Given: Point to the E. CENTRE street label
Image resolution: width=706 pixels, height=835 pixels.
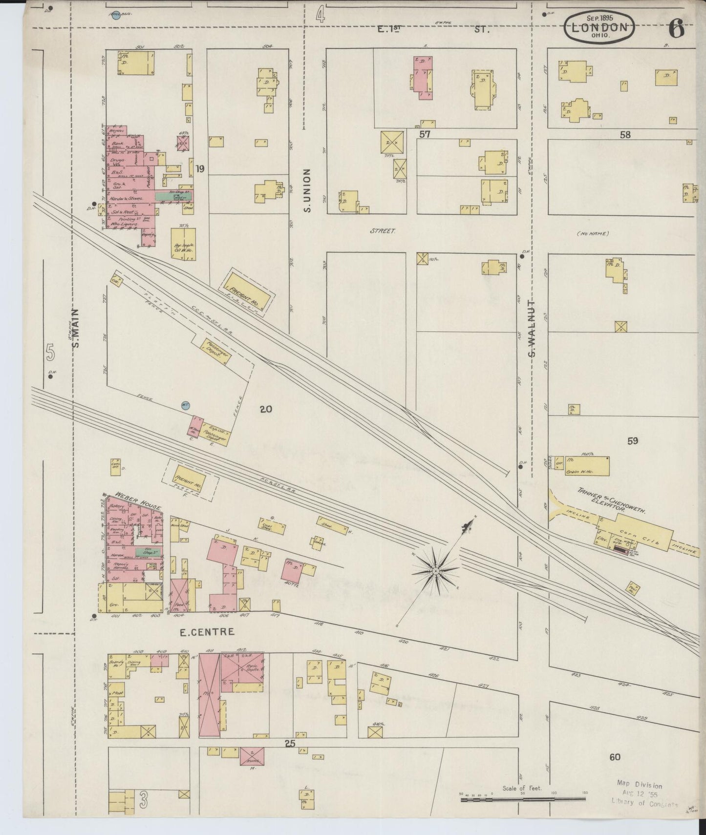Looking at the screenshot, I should coord(207,632).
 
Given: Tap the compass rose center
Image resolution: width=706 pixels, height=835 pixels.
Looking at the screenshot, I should coord(435,570).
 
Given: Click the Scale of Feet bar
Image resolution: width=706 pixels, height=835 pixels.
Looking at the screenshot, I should coord(523,799).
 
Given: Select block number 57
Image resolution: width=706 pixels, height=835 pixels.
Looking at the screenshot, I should coord(425,134).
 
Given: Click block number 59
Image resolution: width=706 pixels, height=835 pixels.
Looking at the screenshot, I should coord(633,441).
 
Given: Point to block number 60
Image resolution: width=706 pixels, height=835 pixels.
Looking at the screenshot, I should coord(615,757).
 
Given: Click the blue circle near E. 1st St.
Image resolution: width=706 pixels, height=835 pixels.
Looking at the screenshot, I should coord(116,19).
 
